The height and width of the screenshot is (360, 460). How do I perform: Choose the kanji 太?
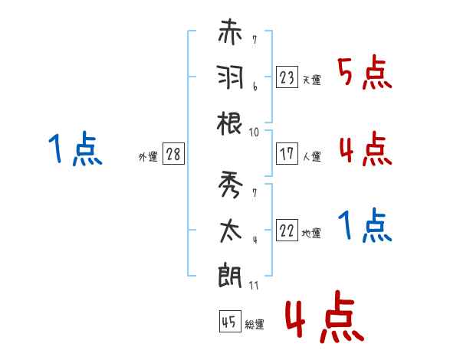click(230, 228)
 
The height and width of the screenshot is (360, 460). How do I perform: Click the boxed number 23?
click(287, 77)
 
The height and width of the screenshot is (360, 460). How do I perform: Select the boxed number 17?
click(287, 153)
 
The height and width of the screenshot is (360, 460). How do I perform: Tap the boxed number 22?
click(287, 230)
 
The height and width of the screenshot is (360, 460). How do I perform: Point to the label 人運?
click(312, 156)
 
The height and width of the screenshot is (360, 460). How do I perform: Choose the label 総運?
click(255, 325)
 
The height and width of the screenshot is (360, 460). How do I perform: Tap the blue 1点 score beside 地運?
click(365, 226)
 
